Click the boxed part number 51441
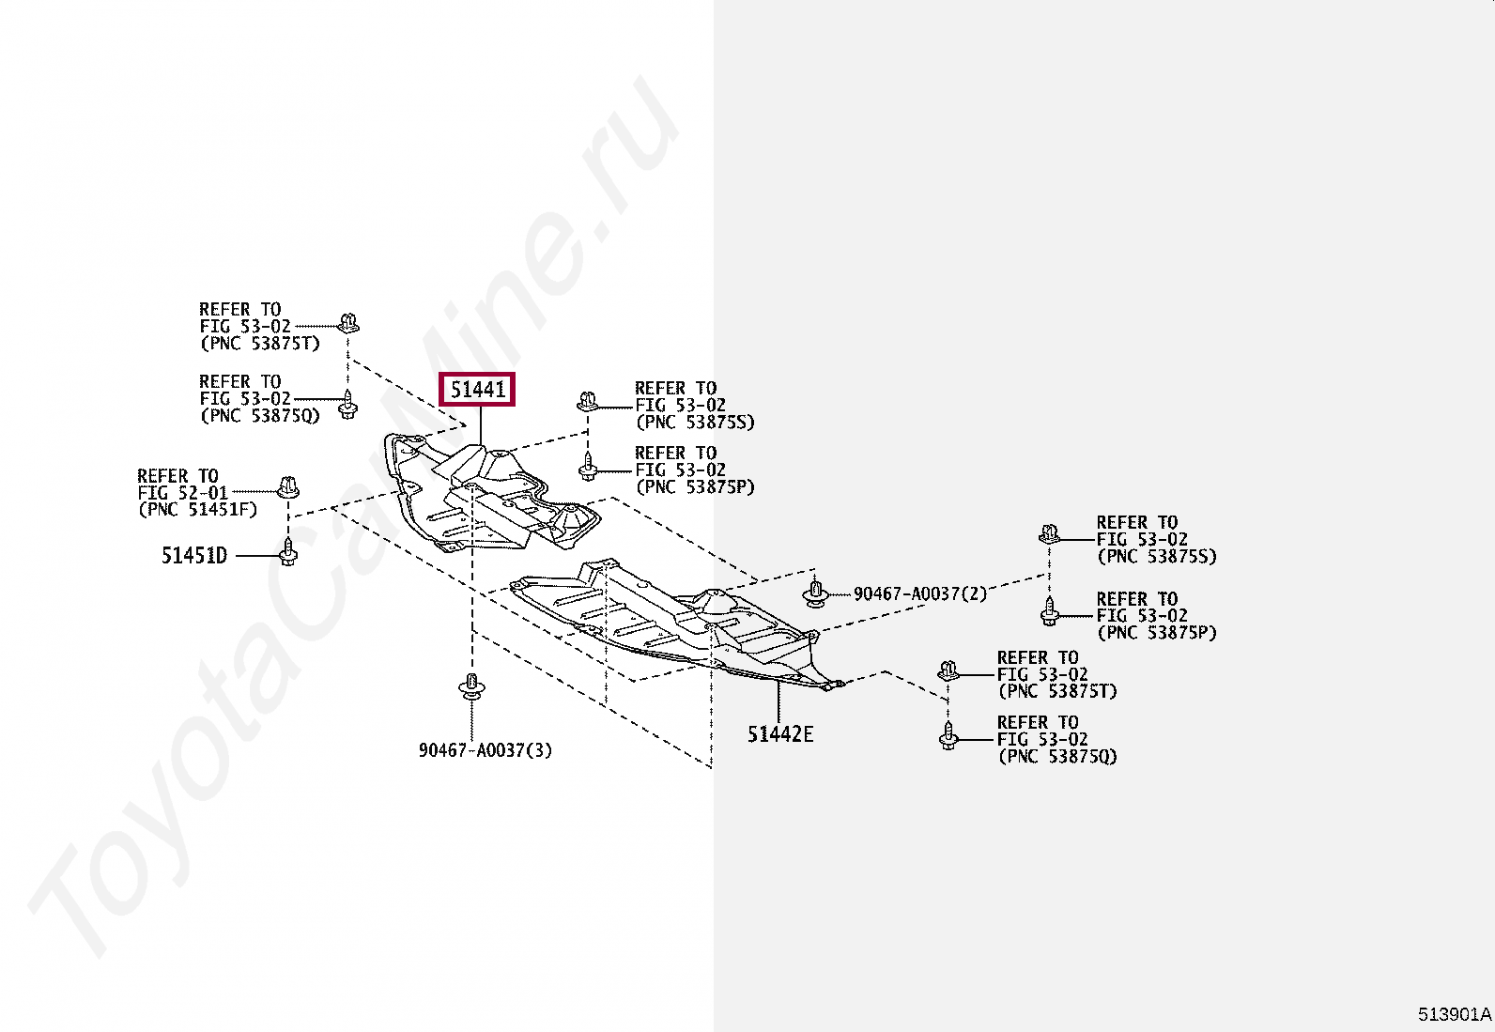coord(478,389)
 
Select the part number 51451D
coord(194,556)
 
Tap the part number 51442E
coord(780,734)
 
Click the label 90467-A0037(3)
coord(485,750)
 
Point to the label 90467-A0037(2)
coord(919,593)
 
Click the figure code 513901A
coord(1454,1014)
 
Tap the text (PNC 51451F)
coord(197,510)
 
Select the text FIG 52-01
coord(183,493)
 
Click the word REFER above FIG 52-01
coord(162,476)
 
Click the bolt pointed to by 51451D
coord(288,551)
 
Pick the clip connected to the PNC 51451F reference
coord(288,487)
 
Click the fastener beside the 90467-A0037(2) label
coord(815,593)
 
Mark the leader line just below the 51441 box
coord(480,425)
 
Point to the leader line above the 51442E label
coord(778,702)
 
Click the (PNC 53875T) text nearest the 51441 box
coord(260,344)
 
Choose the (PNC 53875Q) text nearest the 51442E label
coord(1057,757)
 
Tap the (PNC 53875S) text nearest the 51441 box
coord(695,423)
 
